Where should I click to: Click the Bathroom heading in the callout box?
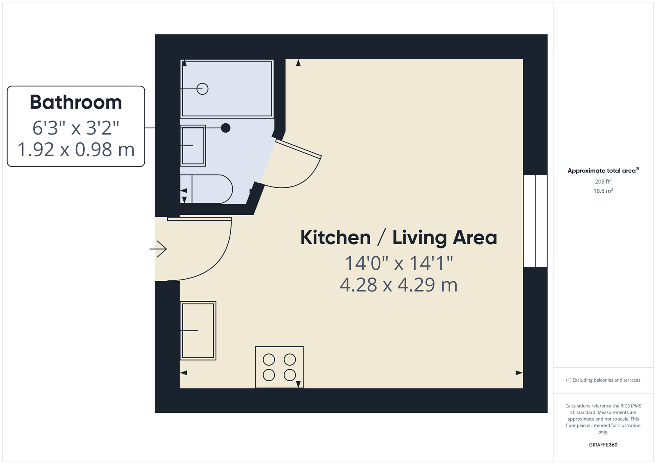(x=76, y=102)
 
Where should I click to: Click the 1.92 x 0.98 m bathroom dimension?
(x=76, y=149)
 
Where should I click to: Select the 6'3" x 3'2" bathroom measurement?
(x=76, y=127)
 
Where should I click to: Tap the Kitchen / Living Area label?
(x=399, y=237)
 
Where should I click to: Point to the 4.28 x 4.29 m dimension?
(x=399, y=285)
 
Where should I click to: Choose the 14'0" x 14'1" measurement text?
(x=399, y=263)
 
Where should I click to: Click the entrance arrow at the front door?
(x=158, y=249)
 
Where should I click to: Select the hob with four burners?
(x=279, y=367)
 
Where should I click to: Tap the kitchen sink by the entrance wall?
(x=198, y=330)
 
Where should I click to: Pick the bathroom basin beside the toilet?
(x=193, y=146)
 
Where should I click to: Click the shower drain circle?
(x=203, y=89)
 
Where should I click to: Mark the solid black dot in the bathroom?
(x=225, y=128)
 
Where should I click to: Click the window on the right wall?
(x=535, y=221)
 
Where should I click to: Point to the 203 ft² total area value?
(x=603, y=182)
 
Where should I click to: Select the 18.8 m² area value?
(x=603, y=191)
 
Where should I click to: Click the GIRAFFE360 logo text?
(x=603, y=445)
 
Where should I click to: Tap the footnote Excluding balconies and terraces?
(x=603, y=380)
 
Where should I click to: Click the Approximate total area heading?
(x=603, y=171)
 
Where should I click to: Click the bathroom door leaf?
(x=298, y=149)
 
